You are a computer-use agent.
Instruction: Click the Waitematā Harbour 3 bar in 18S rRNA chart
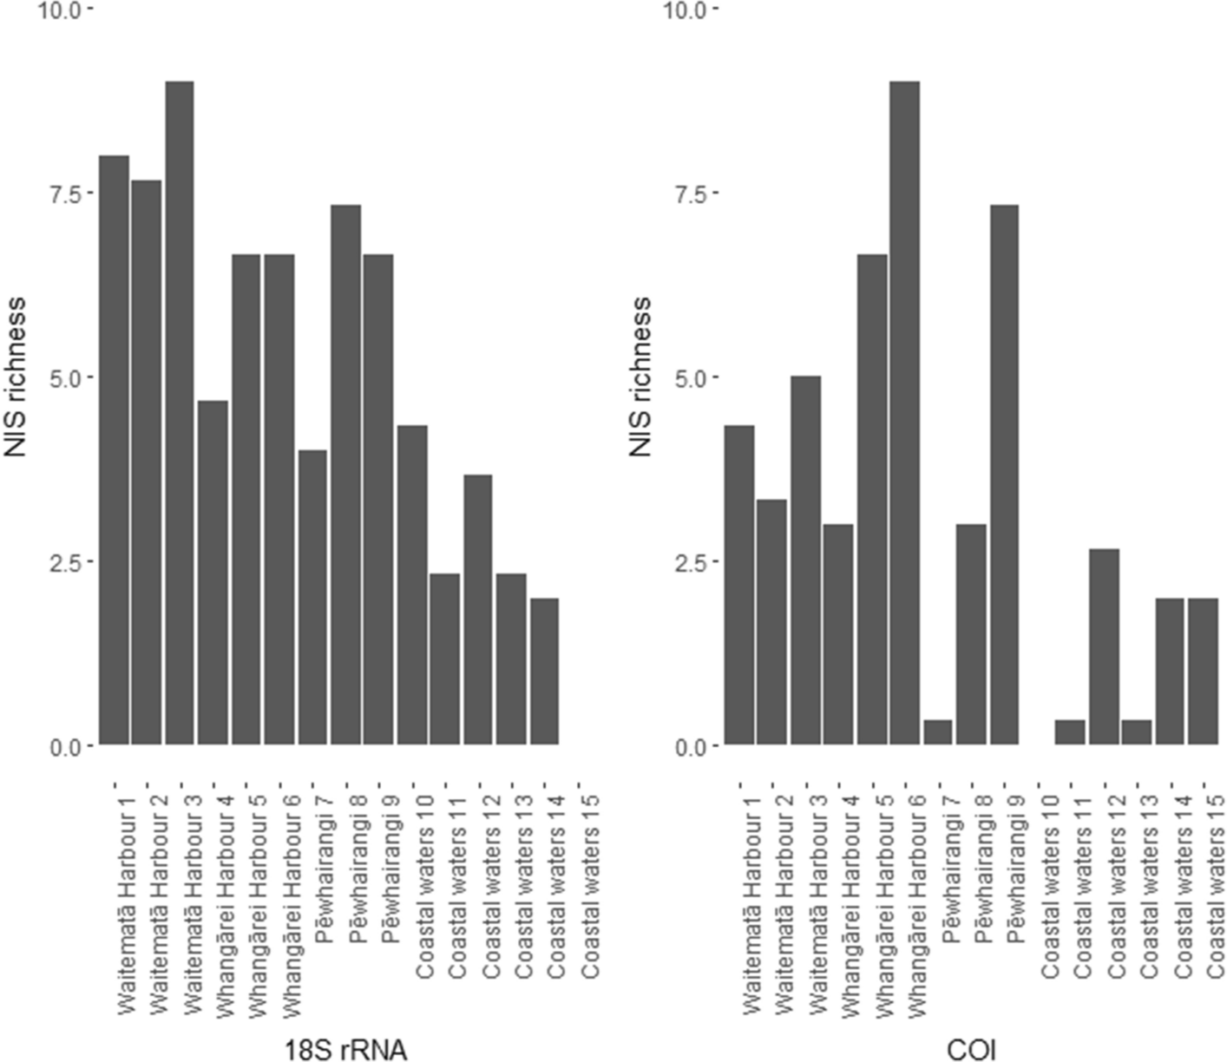pyautogui.click(x=179, y=412)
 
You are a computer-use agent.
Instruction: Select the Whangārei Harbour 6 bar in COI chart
pyautogui.click(x=904, y=412)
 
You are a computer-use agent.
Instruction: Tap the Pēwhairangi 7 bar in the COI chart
pyautogui.click(x=938, y=733)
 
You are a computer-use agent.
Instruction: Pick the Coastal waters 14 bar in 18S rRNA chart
pyautogui.click(x=544, y=671)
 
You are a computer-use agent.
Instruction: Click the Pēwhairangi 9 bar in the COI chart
pyautogui.click(x=1004, y=475)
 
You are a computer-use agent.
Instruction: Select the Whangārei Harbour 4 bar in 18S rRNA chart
pyautogui.click(x=213, y=573)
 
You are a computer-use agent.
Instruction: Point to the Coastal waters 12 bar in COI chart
pyautogui.click(x=1105, y=646)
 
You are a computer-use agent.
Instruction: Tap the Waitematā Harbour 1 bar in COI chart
pyautogui.click(x=739, y=585)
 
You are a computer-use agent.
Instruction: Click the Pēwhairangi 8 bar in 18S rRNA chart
pyautogui.click(x=345, y=475)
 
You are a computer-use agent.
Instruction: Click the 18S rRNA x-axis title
pyautogui.click(x=345, y=1050)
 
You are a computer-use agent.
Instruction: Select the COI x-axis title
pyautogui.click(x=971, y=1050)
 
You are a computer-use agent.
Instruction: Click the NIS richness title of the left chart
pyautogui.click(x=16, y=377)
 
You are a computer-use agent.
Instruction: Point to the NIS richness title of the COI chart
pyautogui.click(x=640, y=377)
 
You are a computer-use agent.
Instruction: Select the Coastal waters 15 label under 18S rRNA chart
pyautogui.click(x=590, y=887)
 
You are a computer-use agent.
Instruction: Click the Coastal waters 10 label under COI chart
pyautogui.click(x=1049, y=887)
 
